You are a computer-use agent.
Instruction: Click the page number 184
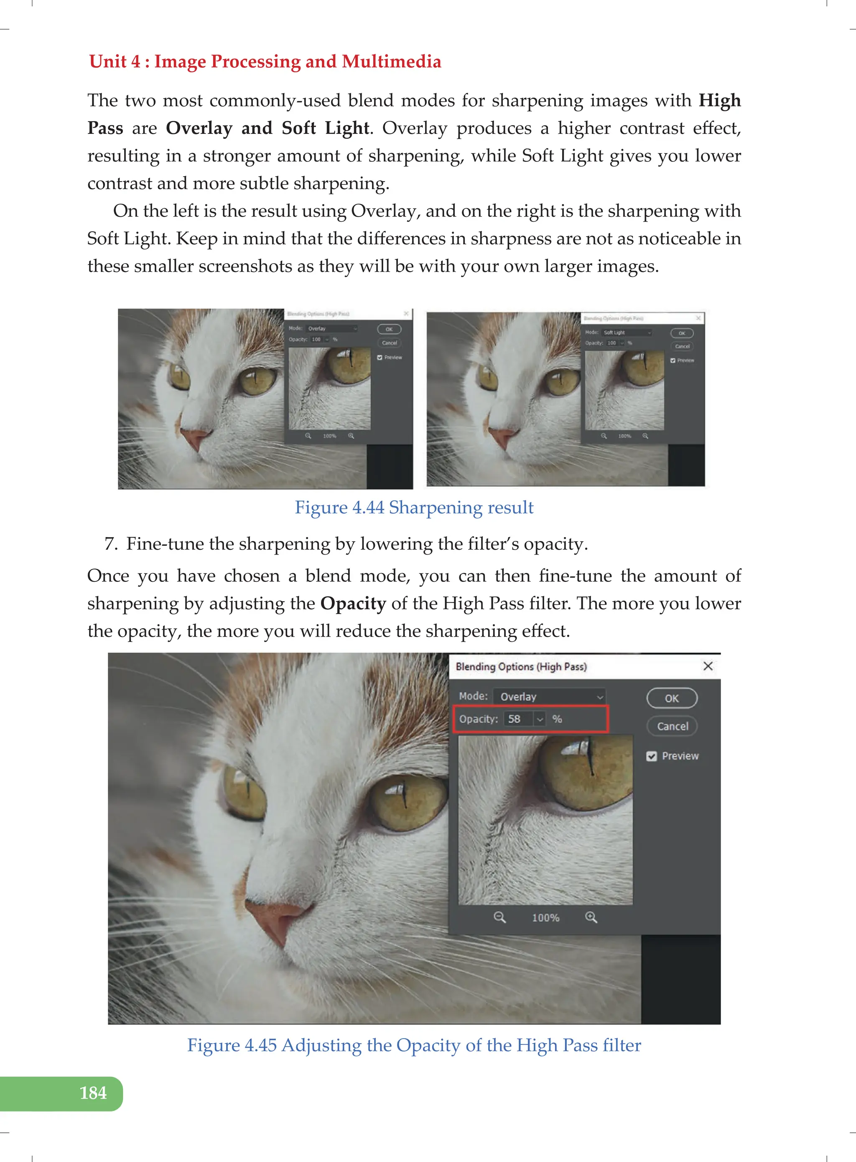(93, 1093)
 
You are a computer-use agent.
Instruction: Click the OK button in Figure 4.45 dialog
(672, 698)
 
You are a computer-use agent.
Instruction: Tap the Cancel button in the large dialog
(673, 726)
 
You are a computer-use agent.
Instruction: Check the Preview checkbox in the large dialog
(651, 756)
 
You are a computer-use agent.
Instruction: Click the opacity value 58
(514, 719)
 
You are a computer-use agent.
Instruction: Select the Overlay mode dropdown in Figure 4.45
(549, 696)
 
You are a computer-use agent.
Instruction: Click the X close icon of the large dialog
(708, 666)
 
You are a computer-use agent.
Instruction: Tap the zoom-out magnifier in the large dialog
(499, 917)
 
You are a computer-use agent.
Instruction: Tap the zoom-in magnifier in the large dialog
(591, 917)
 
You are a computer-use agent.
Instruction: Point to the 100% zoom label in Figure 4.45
(545, 918)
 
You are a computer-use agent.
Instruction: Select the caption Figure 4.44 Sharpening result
(414, 507)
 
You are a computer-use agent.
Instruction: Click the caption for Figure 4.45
(414, 1045)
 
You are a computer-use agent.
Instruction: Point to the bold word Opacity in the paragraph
(353, 603)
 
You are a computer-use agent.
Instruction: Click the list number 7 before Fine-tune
(110, 543)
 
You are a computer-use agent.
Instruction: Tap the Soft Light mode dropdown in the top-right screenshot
(627, 333)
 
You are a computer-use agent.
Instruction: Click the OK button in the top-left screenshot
(389, 329)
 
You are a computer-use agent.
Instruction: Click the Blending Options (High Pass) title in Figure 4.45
(521, 666)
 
